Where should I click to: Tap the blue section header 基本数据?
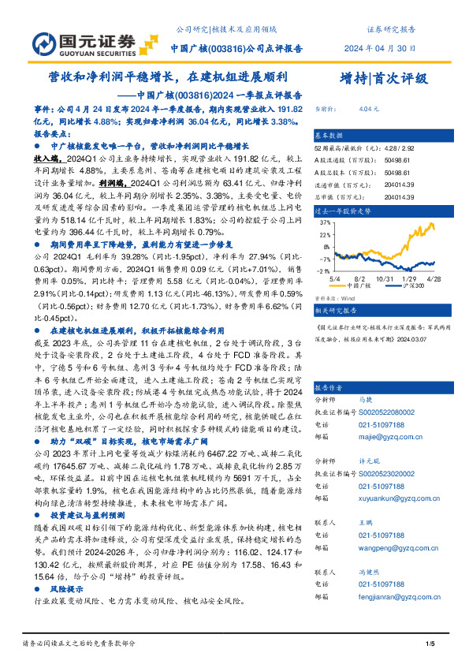(329, 135)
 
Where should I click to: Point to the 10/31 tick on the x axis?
(386, 278)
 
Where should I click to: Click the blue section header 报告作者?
(329, 388)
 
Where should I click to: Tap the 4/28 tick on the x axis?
(434, 278)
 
